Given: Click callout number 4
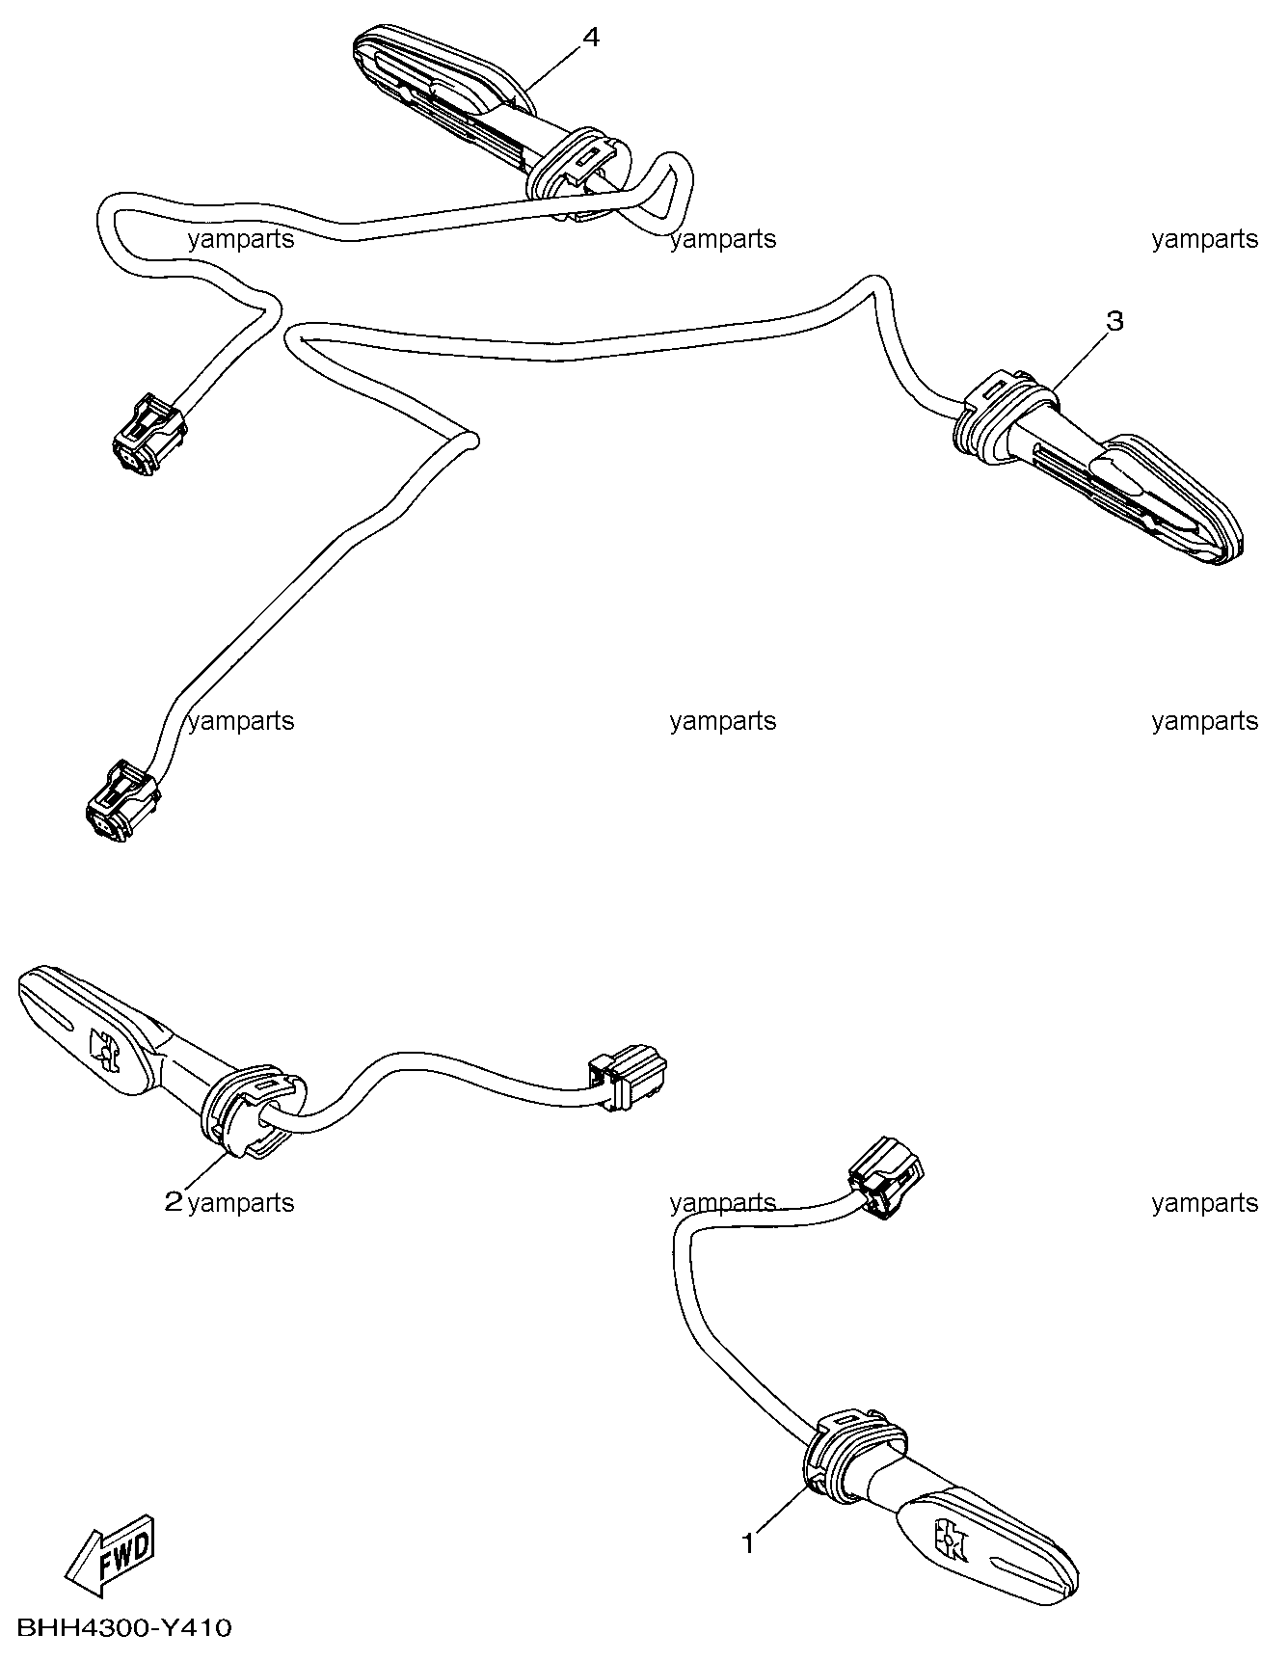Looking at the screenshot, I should pos(591,38).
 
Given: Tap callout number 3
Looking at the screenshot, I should pos(1114,321).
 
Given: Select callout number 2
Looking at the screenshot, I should pos(174,1201).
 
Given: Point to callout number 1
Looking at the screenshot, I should pos(748,1543).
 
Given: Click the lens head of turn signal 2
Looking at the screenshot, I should pos(87,1031).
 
